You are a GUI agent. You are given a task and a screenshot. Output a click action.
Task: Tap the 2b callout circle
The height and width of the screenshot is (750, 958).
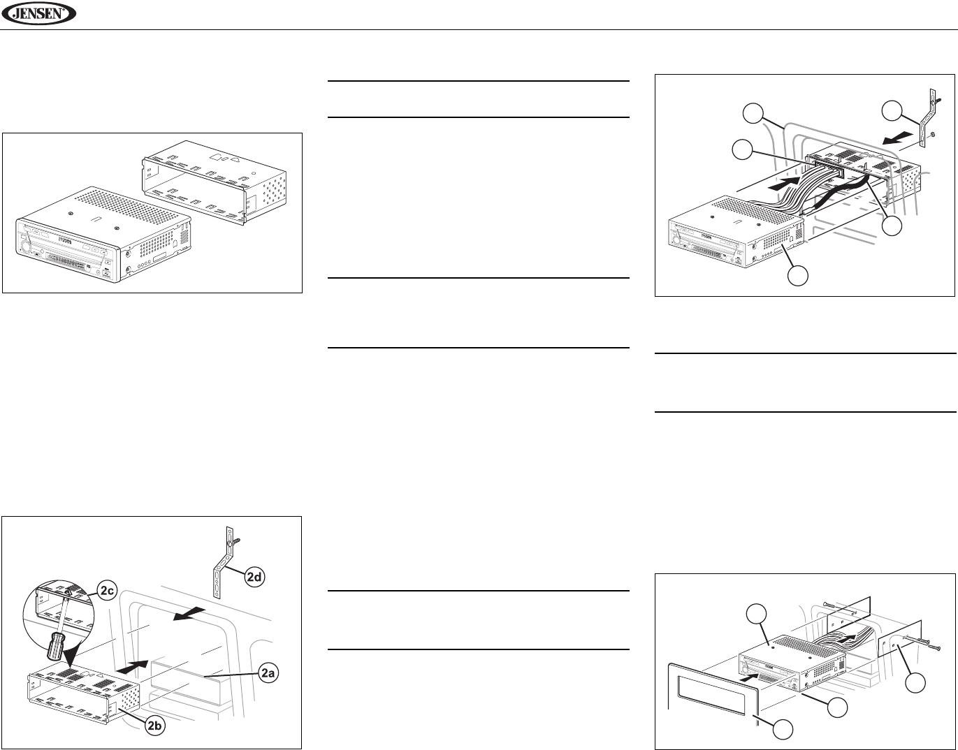[157, 727]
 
